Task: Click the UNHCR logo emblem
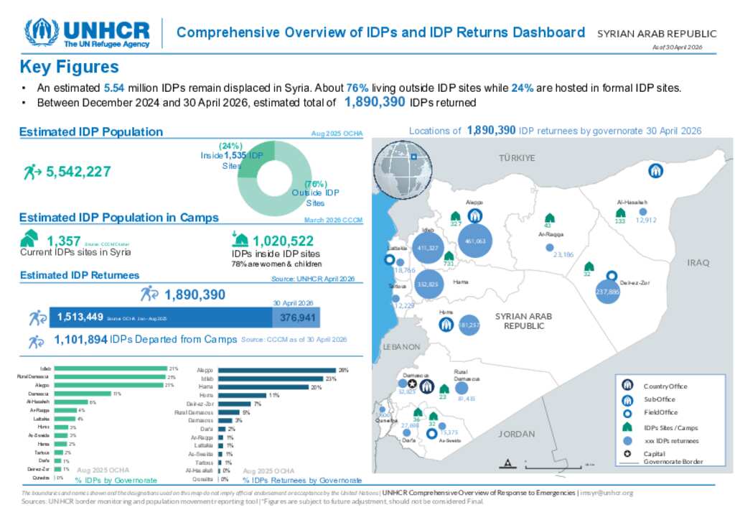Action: click(42, 32)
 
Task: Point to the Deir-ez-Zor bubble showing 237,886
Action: click(607, 292)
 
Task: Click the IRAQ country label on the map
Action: click(698, 263)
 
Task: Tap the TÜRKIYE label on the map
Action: click(517, 158)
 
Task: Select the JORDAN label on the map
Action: click(517, 434)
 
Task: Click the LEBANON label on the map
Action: click(401, 346)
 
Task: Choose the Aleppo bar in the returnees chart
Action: click(276, 370)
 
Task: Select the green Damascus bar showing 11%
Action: click(83, 394)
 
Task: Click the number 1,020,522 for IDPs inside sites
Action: click(283, 241)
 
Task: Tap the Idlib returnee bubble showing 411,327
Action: click(427, 249)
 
